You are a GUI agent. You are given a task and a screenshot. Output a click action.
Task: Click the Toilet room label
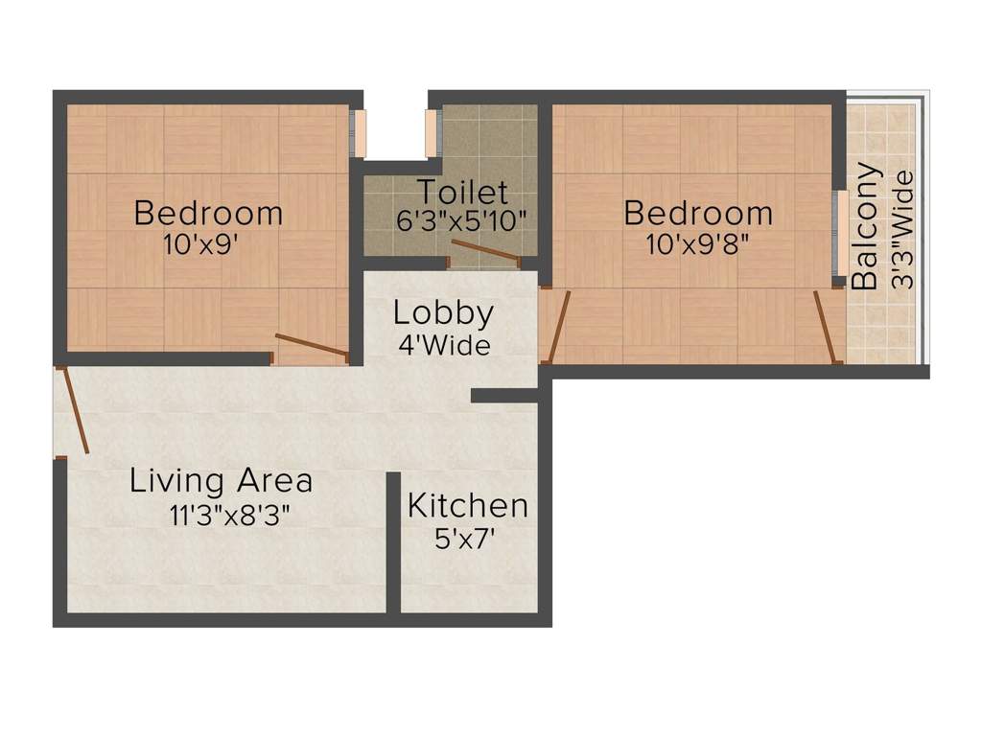(462, 192)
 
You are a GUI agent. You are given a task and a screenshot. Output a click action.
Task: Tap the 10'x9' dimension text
(200, 244)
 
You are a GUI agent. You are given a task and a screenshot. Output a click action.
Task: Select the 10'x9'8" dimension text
(698, 244)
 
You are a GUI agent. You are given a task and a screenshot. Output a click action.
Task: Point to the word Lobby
(443, 313)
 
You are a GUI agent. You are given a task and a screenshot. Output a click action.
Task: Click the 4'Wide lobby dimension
(444, 345)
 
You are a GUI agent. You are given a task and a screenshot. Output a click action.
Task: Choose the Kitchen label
(468, 506)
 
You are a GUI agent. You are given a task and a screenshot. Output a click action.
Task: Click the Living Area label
(222, 481)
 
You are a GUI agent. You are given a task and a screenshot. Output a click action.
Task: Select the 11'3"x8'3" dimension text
(229, 516)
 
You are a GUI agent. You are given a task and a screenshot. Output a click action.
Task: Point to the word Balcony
(865, 226)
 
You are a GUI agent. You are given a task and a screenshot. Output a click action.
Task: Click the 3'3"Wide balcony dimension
(903, 230)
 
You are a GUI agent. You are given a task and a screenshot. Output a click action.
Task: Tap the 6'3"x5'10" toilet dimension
(462, 220)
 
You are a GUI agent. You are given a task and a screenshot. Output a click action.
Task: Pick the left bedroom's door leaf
(312, 345)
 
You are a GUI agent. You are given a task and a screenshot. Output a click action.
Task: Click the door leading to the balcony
(826, 327)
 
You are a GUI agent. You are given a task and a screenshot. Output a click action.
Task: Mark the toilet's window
(433, 133)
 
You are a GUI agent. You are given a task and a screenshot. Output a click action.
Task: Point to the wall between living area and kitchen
(393, 542)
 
